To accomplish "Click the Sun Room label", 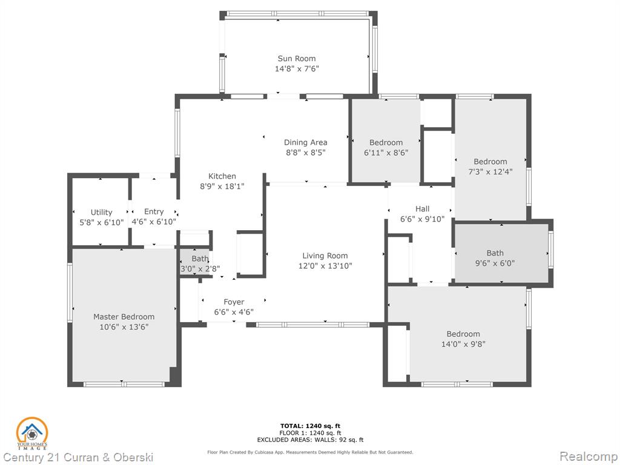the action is [x=297, y=59].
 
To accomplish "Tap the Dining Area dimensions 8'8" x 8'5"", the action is [x=306, y=153].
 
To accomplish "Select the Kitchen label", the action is [x=222, y=176].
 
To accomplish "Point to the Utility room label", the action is [x=102, y=213].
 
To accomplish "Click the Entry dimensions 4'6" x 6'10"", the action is [x=154, y=222].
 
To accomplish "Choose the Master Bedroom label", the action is [x=124, y=317].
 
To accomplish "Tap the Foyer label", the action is [x=234, y=302].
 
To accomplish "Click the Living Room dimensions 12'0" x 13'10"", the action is [x=325, y=266].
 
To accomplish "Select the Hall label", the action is [x=422, y=209].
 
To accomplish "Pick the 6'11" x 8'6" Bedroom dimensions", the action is [x=386, y=153].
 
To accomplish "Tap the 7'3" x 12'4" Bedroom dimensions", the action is [x=490, y=171].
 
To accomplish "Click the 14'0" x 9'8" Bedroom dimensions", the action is [x=463, y=344].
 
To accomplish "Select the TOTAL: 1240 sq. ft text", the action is [x=311, y=426].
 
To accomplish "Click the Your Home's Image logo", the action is [x=32, y=434].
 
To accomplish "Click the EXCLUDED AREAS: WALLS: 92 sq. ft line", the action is [x=311, y=440].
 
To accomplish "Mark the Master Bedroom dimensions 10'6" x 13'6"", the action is [x=124, y=327].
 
